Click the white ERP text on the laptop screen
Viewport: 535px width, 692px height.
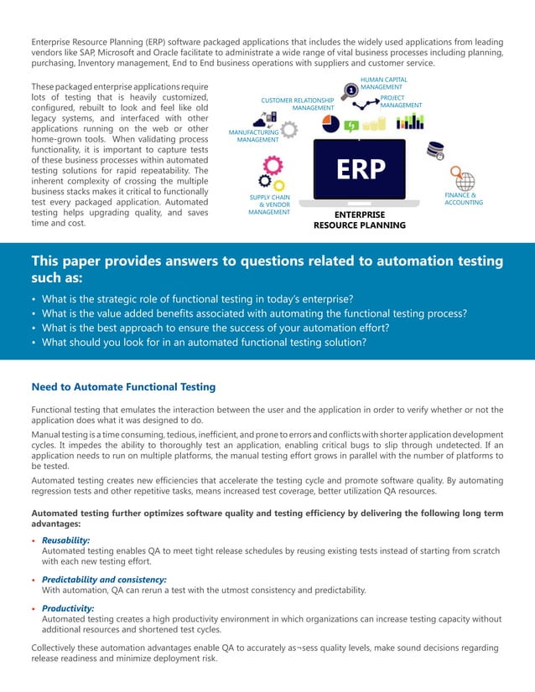pyautogui.click(x=361, y=171)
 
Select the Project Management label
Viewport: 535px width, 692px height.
pyautogui.click(x=401, y=101)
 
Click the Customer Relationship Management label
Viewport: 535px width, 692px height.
pyautogui.click(x=297, y=105)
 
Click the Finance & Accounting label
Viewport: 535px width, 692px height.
pyautogui.click(x=464, y=199)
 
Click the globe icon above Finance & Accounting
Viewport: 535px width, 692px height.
pyautogui.click(x=463, y=179)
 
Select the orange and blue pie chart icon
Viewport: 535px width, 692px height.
pyautogui.click(x=330, y=124)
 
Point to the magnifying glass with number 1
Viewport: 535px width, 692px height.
pyautogui.click(x=348, y=90)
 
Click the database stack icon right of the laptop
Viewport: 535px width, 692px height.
pyautogui.click(x=434, y=152)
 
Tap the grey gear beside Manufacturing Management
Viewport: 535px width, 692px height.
pyautogui.click(x=289, y=130)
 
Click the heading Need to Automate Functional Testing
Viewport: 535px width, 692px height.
pyautogui.click(x=123, y=386)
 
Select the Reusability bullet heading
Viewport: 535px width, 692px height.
pyautogui.click(x=65, y=540)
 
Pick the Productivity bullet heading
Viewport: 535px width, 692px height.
pyautogui.click(x=67, y=608)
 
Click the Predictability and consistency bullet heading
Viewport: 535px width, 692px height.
pyautogui.click(x=103, y=579)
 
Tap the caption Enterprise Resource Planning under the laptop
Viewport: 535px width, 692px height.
pyautogui.click(x=359, y=219)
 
